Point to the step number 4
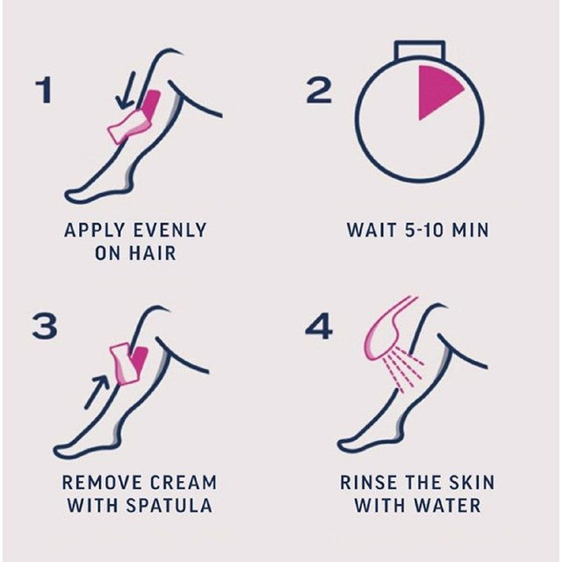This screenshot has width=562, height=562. (x=318, y=327)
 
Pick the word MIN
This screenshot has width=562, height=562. (x=470, y=231)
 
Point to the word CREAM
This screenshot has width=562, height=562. (x=182, y=482)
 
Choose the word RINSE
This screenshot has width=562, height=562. (x=368, y=482)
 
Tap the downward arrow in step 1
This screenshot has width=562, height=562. (x=128, y=91)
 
